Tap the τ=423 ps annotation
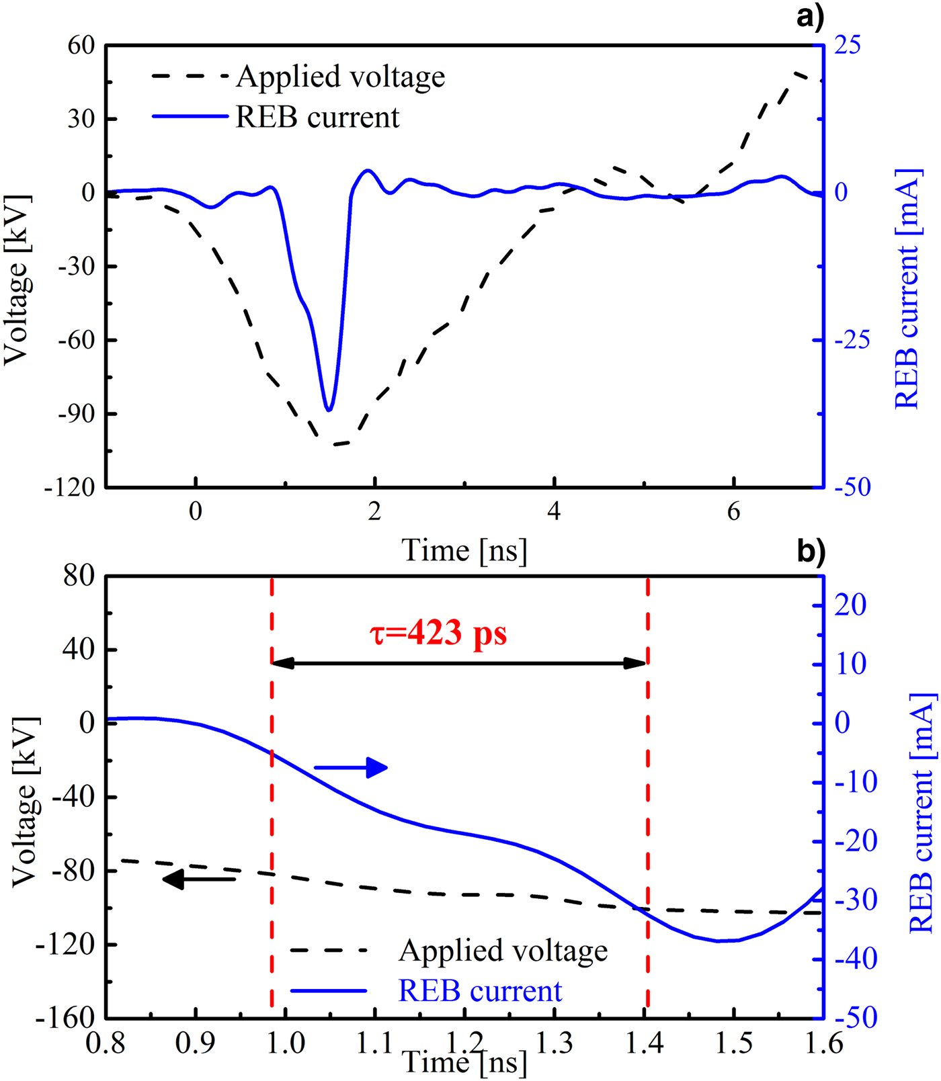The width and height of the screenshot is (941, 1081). point(438,633)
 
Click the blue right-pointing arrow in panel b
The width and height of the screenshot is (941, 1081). point(351,767)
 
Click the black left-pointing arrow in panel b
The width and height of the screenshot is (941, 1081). point(199,879)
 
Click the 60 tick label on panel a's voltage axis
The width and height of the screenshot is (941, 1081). point(81,46)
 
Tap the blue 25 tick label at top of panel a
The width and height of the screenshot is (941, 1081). point(847,46)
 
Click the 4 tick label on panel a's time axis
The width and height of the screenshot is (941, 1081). point(554,512)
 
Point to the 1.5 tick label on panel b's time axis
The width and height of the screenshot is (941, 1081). point(733,1043)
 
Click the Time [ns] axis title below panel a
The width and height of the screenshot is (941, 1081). point(464,551)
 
